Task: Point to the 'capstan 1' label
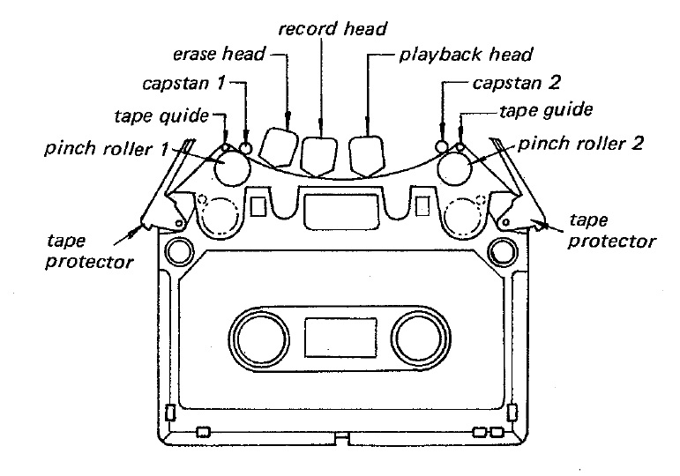tap(183, 86)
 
